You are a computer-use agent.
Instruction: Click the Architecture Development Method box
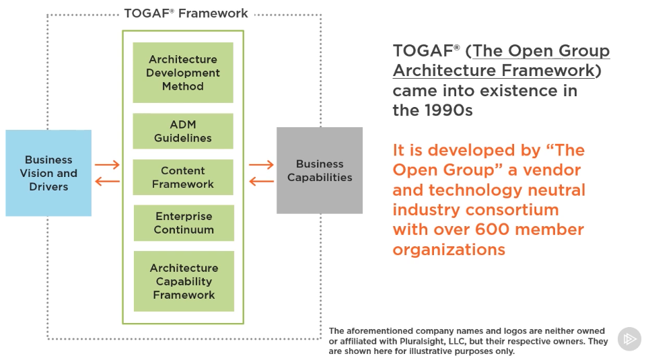(183, 73)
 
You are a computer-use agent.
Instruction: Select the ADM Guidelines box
(183, 131)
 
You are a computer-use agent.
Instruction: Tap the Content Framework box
(183, 178)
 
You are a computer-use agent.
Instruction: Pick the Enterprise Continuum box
(184, 223)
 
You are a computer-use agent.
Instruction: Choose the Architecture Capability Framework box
(184, 281)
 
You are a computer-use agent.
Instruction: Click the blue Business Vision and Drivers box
(48, 173)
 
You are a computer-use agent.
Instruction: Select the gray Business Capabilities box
(320, 170)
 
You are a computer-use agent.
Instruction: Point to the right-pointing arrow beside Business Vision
(107, 165)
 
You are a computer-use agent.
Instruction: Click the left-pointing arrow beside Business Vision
(107, 181)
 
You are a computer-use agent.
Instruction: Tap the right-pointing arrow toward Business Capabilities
(261, 165)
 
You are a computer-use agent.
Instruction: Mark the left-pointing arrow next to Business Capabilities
(261, 181)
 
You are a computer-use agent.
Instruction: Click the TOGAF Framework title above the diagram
(186, 13)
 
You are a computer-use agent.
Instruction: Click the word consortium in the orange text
(518, 209)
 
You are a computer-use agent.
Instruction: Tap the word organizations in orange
(449, 250)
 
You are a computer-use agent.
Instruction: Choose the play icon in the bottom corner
(629, 339)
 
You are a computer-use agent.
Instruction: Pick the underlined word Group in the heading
(584, 51)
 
